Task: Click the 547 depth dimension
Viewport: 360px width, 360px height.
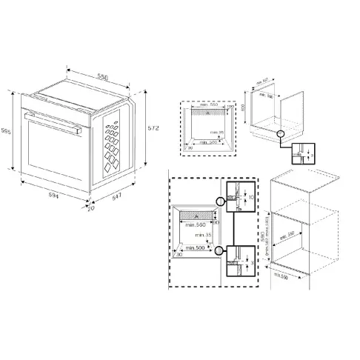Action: point(116,199)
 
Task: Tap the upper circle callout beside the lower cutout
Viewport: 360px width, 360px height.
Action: point(219,201)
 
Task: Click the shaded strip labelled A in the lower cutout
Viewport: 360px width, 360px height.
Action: point(194,213)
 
